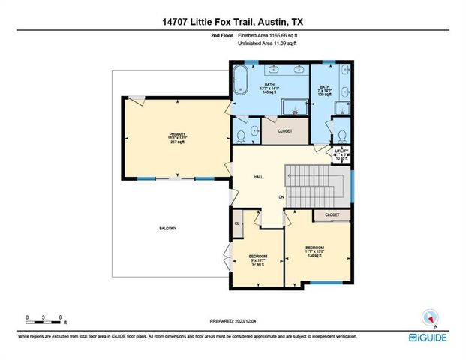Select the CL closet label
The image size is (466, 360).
[238, 223]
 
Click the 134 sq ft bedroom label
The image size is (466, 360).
[314, 250]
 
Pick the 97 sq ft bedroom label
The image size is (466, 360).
[258, 260]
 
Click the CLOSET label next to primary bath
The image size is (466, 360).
[284, 130]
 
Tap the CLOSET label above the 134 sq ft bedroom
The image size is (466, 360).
[332, 215]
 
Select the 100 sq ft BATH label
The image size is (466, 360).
[324, 91]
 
